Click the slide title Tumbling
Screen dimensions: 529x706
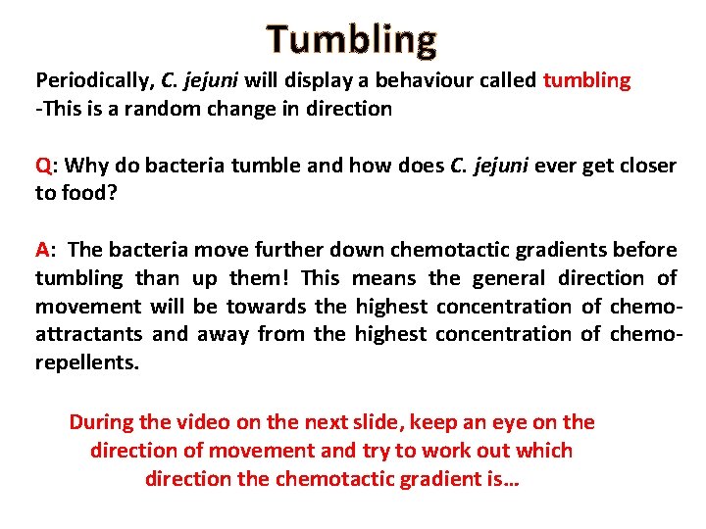(x=352, y=39)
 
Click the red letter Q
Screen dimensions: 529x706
(x=43, y=165)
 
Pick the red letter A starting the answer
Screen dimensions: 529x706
(x=42, y=250)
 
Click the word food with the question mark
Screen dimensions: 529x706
(x=87, y=193)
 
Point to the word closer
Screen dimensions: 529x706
(x=643, y=165)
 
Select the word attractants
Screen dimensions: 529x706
(x=87, y=335)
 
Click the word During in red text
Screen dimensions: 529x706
(x=101, y=423)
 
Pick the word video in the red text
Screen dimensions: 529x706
(x=219, y=423)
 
